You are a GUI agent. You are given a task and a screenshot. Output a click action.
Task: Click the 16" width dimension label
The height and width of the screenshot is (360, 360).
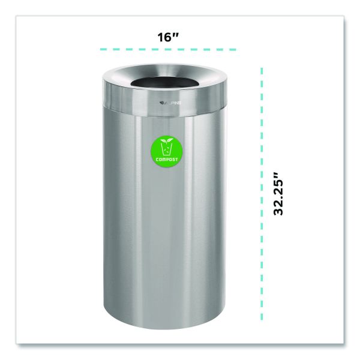click(x=168, y=37)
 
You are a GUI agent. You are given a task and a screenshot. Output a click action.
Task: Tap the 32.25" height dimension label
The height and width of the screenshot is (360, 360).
click(x=279, y=194)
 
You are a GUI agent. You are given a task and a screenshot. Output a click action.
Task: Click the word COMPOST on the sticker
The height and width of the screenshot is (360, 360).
click(x=167, y=160)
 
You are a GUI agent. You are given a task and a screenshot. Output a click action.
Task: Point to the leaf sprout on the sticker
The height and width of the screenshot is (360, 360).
click(x=167, y=140)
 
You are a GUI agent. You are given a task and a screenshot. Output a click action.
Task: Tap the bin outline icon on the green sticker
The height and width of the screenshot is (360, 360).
click(x=167, y=149)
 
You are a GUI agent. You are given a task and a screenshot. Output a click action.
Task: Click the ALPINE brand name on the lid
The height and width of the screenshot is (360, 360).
click(x=173, y=103)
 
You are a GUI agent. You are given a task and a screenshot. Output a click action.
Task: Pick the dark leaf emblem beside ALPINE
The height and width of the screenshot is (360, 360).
click(x=162, y=103)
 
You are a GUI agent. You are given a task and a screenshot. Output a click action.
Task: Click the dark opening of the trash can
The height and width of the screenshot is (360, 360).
click(x=164, y=82)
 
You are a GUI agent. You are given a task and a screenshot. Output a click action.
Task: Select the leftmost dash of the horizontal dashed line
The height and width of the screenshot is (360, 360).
click(x=103, y=49)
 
